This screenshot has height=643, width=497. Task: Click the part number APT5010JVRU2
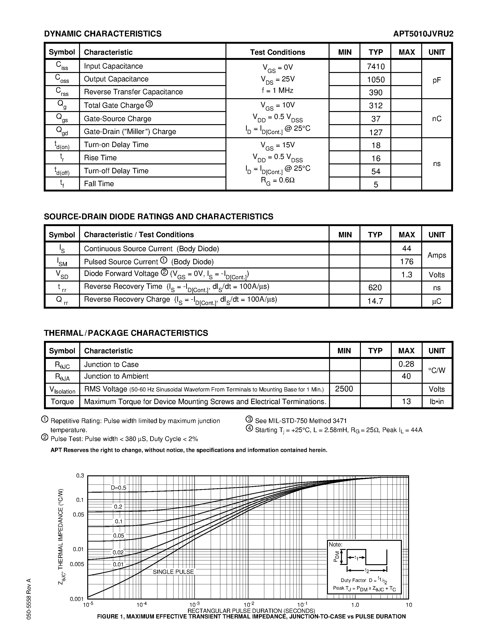[x=423, y=34]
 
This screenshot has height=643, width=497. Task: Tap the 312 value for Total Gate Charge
[x=376, y=105]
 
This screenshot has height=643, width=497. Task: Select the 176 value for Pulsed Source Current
[x=406, y=261]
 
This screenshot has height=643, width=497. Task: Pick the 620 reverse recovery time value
[x=375, y=287]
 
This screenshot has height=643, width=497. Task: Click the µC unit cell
[x=436, y=301]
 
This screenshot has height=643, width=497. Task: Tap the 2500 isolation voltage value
[x=344, y=389]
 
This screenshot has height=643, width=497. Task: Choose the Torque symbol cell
[x=62, y=401]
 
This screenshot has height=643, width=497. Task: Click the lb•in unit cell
[x=436, y=401]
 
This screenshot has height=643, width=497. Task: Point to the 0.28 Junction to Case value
[x=406, y=364]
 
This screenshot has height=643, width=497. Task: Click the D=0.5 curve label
[x=118, y=488]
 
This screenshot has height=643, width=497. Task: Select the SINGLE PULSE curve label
[x=173, y=572]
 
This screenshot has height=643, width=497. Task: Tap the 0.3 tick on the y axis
[x=80, y=476]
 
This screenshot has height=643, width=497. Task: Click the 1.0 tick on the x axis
[x=355, y=605]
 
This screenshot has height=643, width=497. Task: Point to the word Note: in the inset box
[x=336, y=545]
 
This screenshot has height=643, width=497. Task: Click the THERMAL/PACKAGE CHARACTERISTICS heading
[x=126, y=333]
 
